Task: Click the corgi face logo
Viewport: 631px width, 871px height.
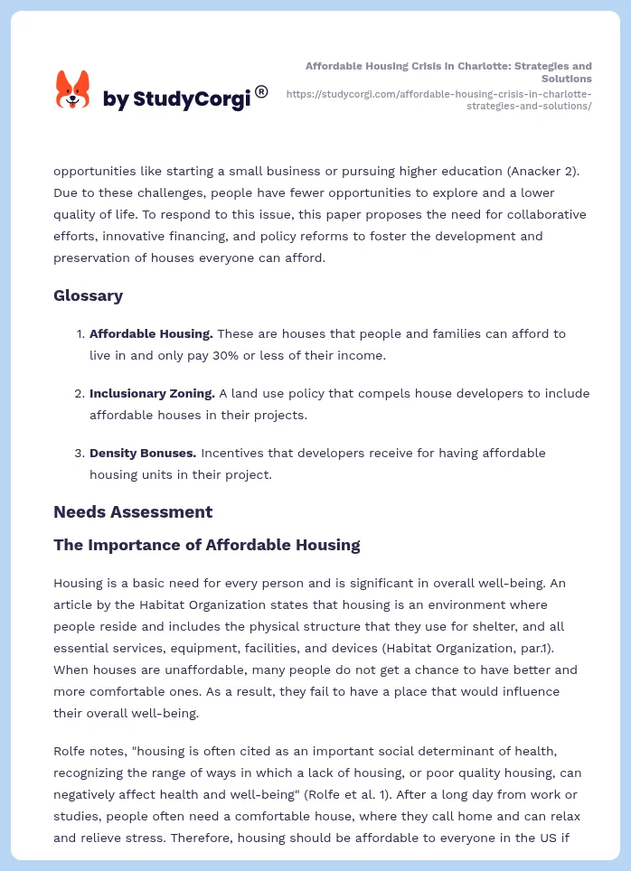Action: (x=73, y=89)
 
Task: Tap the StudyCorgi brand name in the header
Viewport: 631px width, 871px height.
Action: (x=176, y=98)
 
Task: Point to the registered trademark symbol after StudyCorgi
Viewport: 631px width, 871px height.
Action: (x=261, y=91)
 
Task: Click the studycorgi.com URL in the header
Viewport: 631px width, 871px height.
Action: (x=438, y=99)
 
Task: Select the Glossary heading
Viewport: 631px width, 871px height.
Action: (x=88, y=295)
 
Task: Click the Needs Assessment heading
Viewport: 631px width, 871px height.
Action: (x=133, y=511)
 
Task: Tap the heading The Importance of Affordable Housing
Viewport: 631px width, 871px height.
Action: (x=206, y=545)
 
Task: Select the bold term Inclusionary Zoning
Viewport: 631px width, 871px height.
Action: (x=152, y=393)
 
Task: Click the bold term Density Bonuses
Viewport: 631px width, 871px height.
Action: (x=143, y=453)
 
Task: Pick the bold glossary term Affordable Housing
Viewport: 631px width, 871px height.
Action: (x=151, y=333)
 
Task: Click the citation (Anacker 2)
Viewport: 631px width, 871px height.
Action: (x=528, y=171)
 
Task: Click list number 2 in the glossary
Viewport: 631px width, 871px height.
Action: (x=79, y=393)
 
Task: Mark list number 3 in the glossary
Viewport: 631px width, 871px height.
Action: (x=79, y=453)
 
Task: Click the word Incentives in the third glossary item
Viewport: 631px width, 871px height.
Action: (x=231, y=453)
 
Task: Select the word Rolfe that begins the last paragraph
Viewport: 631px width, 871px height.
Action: (x=70, y=751)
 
